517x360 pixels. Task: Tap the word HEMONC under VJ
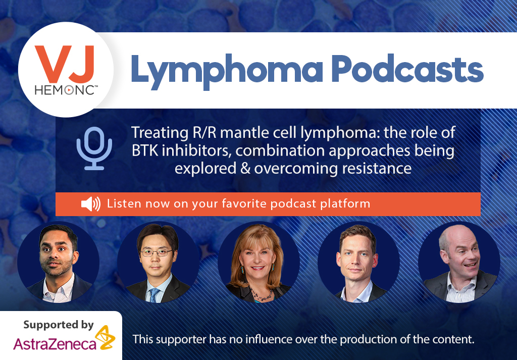pyautogui.click(x=65, y=90)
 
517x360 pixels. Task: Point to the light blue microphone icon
pyautogui.click(x=94, y=148)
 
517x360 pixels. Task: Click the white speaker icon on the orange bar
pyautogui.click(x=91, y=204)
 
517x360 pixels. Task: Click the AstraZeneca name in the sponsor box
pyautogui.click(x=55, y=344)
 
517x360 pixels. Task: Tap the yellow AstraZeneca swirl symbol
pyautogui.click(x=105, y=338)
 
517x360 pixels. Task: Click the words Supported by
pyautogui.click(x=59, y=325)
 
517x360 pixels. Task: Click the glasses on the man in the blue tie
pyautogui.click(x=157, y=253)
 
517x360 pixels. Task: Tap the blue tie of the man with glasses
pyautogui.click(x=154, y=295)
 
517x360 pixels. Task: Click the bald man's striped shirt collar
pyautogui.click(x=461, y=286)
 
